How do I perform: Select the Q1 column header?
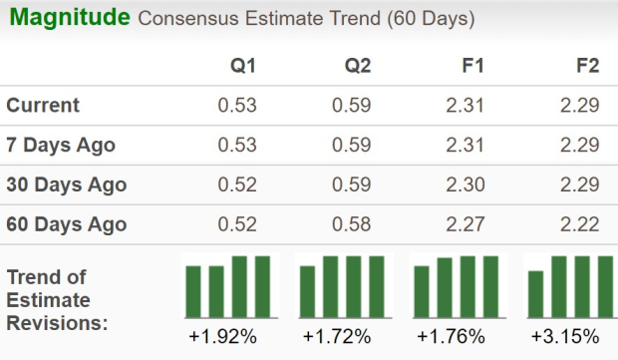tap(243, 66)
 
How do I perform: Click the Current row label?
tap(43, 106)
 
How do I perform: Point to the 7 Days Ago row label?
tap(61, 146)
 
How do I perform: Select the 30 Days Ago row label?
tap(66, 184)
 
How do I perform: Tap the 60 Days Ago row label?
tap(66, 224)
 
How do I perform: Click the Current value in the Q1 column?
tap(237, 106)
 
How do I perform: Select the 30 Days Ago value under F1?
tap(464, 184)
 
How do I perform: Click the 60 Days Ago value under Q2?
tap(351, 224)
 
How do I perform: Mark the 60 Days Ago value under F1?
tap(464, 224)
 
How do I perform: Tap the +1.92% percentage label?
tap(222, 336)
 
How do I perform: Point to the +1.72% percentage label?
tap(336, 336)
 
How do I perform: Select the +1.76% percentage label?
tap(452, 336)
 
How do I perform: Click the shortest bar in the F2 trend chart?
tap(535, 291)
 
